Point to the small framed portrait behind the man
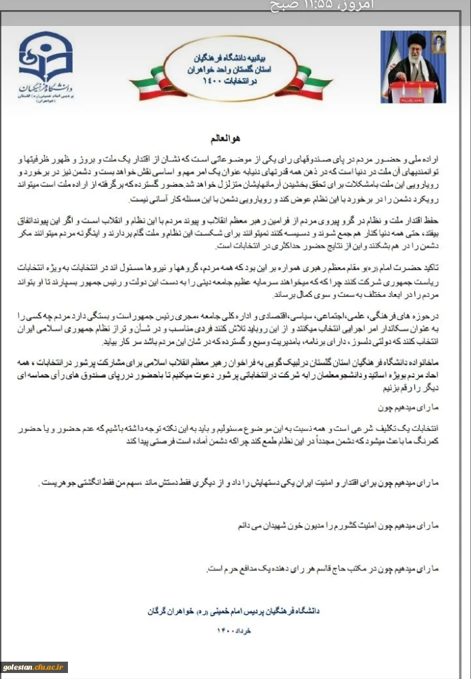pyautogui.click(x=438, y=43)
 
